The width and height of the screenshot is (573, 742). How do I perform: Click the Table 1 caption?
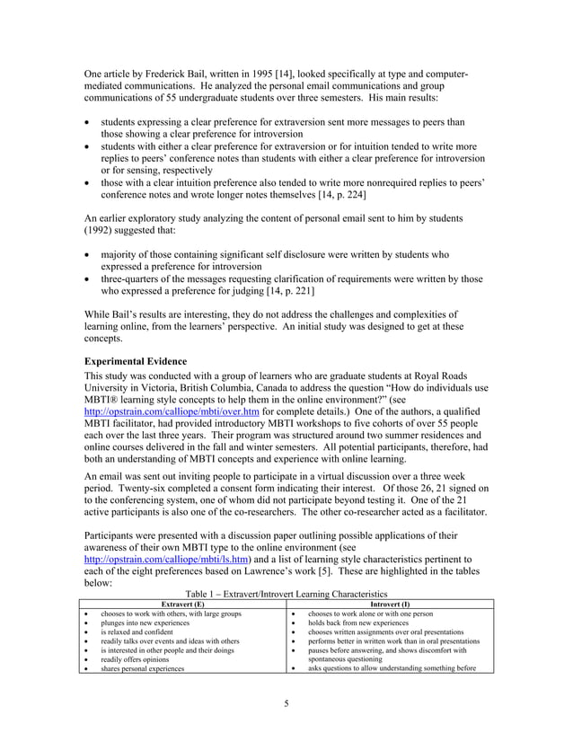(x=286, y=594)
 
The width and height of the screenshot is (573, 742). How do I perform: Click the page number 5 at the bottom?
(x=286, y=702)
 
